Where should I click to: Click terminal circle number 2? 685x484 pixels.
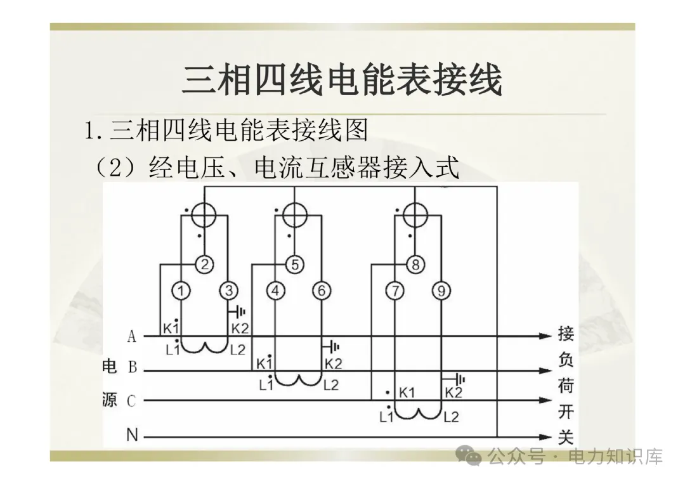(204, 264)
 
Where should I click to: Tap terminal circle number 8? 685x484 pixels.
(415, 264)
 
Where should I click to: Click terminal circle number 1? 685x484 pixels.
(181, 291)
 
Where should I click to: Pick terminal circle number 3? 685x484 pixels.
(228, 291)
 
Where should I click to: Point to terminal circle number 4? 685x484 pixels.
(275, 291)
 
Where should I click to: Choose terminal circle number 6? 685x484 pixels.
(322, 291)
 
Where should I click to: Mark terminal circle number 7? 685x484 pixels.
(395, 291)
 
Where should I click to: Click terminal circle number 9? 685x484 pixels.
(441, 291)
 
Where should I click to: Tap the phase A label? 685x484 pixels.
(131, 336)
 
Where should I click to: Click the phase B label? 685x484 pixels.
(133, 368)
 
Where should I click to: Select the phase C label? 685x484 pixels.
(131, 401)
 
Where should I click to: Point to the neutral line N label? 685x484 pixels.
(132, 435)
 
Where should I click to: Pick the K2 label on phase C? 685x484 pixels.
(453, 393)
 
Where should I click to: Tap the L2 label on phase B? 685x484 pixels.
(331, 385)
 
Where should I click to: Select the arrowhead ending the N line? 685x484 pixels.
(544, 437)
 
